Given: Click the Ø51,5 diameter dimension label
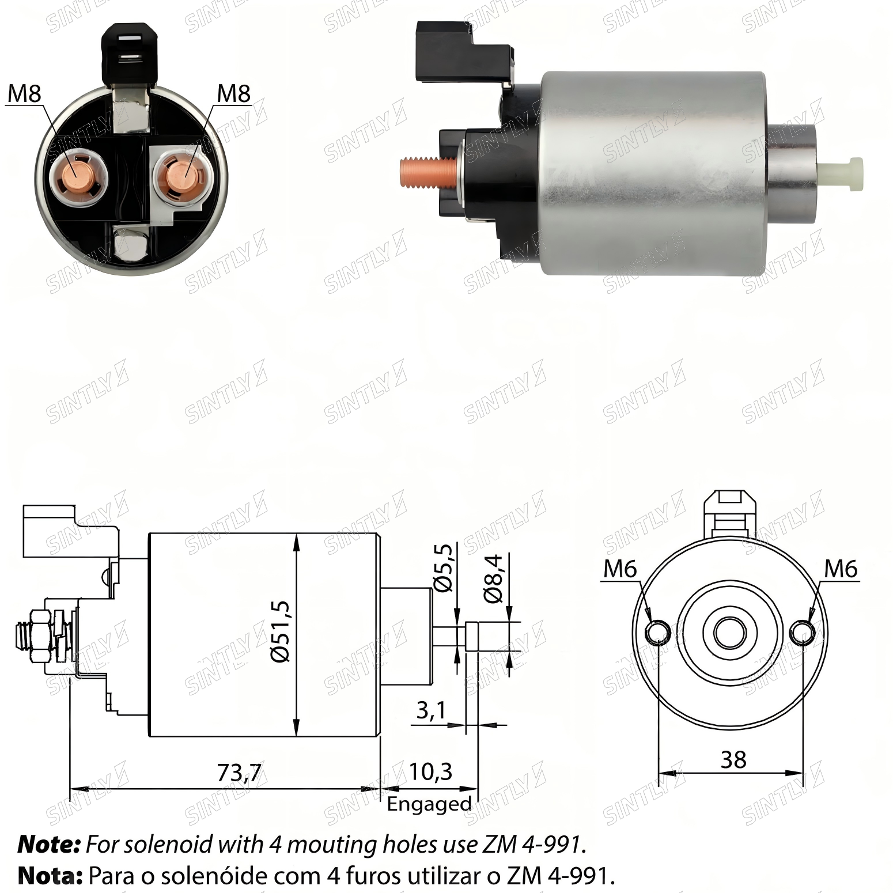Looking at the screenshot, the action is pyautogui.click(x=281, y=631).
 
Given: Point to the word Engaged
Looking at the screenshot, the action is pyautogui.click(x=429, y=804).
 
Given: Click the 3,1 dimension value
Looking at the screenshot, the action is pyautogui.click(x=431, y=711).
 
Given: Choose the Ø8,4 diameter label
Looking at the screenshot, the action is pyautogui.click(x=494, y=578).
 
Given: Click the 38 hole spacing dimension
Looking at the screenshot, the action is pyautogui.click(x=733, y=760).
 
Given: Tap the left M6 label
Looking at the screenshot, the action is pyautogui.click(x=620, y=569).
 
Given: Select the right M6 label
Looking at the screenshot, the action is pyautogui.click(x=841, y=569).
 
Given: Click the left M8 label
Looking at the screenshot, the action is pyautogui.click(x=24, y=93).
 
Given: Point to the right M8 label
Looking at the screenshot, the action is pyautogui.click(x=234, y=93).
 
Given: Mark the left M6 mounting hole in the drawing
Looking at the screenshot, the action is pyautogui.click(x=657, y=633).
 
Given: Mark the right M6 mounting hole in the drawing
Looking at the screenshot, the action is pyautogui.click(x=803, y=633).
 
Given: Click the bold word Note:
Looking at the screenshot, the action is pyautogui.click(x=49, y=845).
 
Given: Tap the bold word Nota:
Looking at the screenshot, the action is pyautogui.click(x=51, y=876).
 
